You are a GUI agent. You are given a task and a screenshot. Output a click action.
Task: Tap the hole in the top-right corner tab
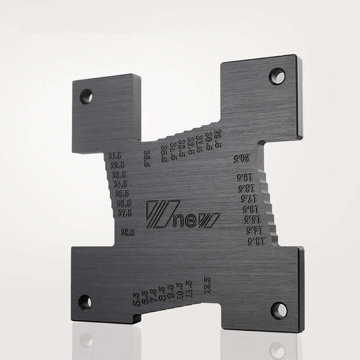[x=277, y=76]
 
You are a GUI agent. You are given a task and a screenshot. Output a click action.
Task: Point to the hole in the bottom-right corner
[x=279, y=310]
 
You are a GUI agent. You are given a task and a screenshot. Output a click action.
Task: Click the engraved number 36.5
[x=147, y=159]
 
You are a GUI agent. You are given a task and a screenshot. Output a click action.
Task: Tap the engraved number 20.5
[x=241, y=158]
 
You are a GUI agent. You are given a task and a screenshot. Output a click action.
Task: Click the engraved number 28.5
[x=128, y=233]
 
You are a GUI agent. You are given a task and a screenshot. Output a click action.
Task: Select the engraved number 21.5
[x=115, y=156]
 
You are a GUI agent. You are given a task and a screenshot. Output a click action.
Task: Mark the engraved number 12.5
[x=207, y=285]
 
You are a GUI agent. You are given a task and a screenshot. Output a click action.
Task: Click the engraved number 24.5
[x=121, y=184]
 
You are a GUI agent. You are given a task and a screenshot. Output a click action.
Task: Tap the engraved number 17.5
[x=248, y=198]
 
